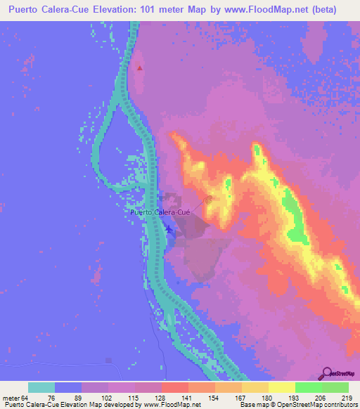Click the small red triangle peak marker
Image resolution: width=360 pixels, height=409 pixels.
click(140, 68)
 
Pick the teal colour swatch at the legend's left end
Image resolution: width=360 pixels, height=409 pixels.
click(41, 387)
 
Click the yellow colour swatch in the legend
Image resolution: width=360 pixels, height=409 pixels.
click(282, 387)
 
